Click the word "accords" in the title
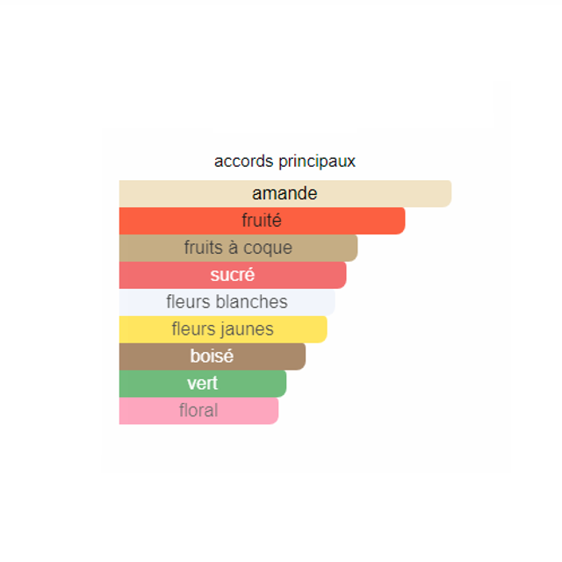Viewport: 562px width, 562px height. [x=244, y=162]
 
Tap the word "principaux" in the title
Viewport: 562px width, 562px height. [x=317, y=162]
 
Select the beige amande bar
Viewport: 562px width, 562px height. [x=285, y=193]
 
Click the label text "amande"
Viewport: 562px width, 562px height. [x=285, y=193]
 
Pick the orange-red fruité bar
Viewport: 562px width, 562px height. [x=262, y=220]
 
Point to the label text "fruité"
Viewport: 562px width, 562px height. [x=262, y=220]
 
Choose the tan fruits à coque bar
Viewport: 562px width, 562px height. [x=238, y=248]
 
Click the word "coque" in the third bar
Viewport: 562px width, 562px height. [x=268, y=249]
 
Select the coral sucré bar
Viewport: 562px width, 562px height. [x=233, y=275]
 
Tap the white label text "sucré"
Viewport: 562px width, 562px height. [x=232, y=275]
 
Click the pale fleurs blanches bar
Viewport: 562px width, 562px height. [x=227, y=302]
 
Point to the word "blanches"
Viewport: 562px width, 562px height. [x=252, y=302]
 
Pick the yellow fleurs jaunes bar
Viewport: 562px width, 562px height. [x=223, y=329]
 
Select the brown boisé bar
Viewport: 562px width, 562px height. [x=213, y=357]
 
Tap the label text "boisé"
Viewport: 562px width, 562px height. [x=212, y=356]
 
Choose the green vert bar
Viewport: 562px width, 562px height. [x=203, y=384]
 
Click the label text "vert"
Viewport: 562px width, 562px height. [x=203, y=384]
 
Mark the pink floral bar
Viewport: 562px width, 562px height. [x=199, y=411]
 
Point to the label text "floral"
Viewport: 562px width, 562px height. [x=198, y=410]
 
